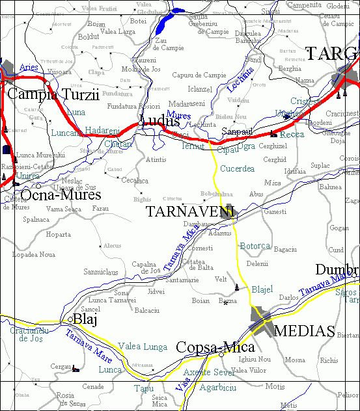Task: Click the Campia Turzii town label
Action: pyautogui.click(x=53, y=94)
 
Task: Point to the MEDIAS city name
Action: pyautogui.click(x=304, y=330)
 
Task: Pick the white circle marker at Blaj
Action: pyautogui.click(x=70, y=319)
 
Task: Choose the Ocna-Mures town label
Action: pyautogui.click(x=61, y=195)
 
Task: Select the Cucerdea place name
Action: pyautogui.click(x=237, y=168)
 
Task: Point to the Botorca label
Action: pyautogui.click(x=255, y=246)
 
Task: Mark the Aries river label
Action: pyautogui.click(x=29, y=67)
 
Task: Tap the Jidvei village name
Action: pyautogui.click(x=156, y=292)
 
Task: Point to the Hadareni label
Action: pyautogui.click(x=102, y=130)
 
